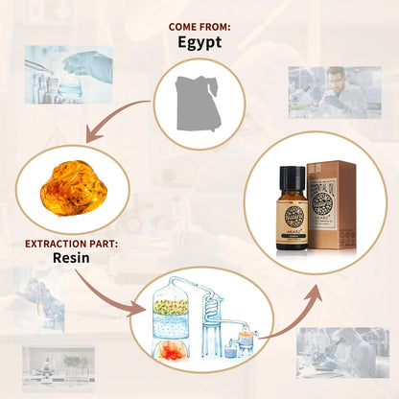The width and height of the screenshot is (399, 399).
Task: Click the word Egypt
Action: [x=200, y=42]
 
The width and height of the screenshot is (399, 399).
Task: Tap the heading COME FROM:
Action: [x=199, y=26]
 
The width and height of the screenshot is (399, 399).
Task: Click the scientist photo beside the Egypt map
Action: [x=332, y=92]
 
